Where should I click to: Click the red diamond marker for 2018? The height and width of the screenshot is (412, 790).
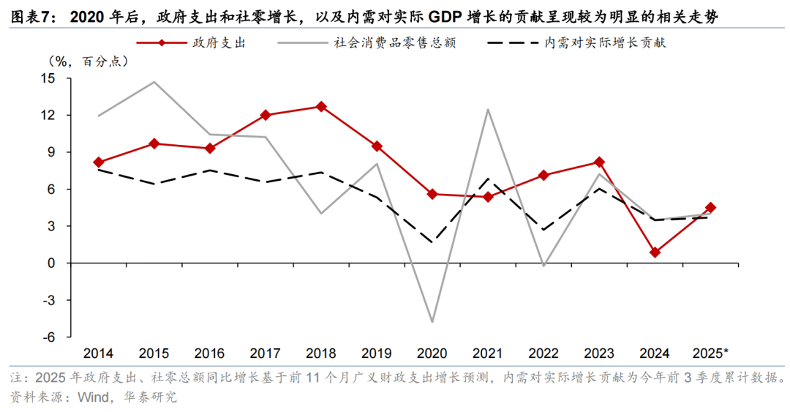tap(321, 107)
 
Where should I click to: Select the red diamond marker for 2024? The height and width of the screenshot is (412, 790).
tap(655, 252)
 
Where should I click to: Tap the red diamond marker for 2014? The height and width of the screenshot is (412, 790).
tap(99, 162)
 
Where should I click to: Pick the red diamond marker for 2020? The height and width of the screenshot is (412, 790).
tap(432, 194)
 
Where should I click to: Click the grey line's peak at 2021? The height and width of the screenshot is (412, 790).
tap(488, 110)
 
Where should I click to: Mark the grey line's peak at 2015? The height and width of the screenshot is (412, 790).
tap(154, 82)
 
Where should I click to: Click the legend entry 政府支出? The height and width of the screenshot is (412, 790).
tap(219, 42)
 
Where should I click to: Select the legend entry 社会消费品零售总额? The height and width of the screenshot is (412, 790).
tap(395, 42)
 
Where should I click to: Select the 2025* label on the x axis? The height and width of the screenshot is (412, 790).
tap(710, 353)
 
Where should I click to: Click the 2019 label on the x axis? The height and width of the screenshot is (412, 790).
tap(377, 353)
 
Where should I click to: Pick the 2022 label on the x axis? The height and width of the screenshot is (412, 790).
tap(543, 353)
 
